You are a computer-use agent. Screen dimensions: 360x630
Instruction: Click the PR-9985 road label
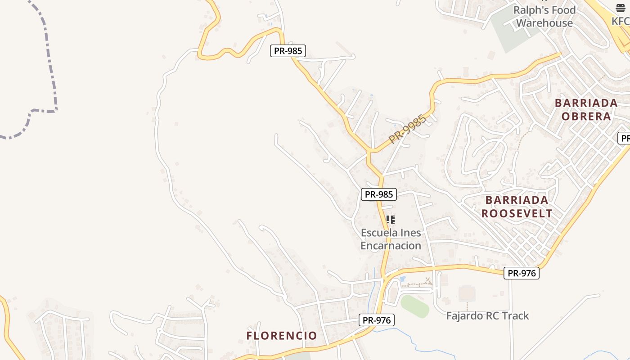click(x=407, y=130)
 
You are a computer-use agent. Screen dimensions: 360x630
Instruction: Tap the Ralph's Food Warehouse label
click(x=544, y=17)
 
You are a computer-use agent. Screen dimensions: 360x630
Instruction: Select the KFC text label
click(x=621, y=21)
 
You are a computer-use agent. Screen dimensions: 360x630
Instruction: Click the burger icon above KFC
click(x=621, y=8)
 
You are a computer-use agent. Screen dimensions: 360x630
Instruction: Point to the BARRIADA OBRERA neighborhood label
click(x=586, y=109)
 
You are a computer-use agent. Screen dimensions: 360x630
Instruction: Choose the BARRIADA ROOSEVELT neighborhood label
click(x=517, y=207)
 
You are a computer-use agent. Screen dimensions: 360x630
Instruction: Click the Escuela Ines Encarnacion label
click(x=391, y=239)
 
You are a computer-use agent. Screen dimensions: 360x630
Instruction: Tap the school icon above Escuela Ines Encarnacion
click(x=391, y=220)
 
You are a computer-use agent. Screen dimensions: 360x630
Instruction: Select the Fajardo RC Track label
click(x=487, y=315)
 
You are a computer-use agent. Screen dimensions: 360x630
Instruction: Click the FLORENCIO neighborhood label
click(x=282, y=335)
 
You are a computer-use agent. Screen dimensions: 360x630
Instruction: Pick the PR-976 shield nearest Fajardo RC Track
click(x=521, y=273)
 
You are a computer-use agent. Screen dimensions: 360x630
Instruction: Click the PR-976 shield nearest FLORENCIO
click(x=377, y=320)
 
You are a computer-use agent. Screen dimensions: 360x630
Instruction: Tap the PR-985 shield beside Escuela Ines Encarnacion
click(x=379, y=194)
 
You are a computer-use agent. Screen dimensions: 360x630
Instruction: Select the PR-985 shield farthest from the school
click(x=288, y=51)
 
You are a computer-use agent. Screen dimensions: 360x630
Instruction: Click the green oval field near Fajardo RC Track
click(x=414, y=306)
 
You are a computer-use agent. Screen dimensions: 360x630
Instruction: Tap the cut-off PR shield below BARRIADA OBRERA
click(x=624, y=138)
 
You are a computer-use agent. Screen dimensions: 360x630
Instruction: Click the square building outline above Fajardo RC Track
click(x=467, y=294)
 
